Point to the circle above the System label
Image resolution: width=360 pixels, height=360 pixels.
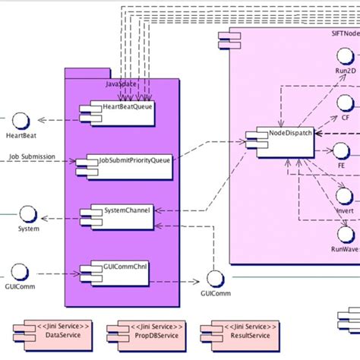(x=27, y=213)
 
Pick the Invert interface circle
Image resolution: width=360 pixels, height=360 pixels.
(x=345, y=197)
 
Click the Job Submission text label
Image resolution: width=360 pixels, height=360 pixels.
(x=35, y=158)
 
